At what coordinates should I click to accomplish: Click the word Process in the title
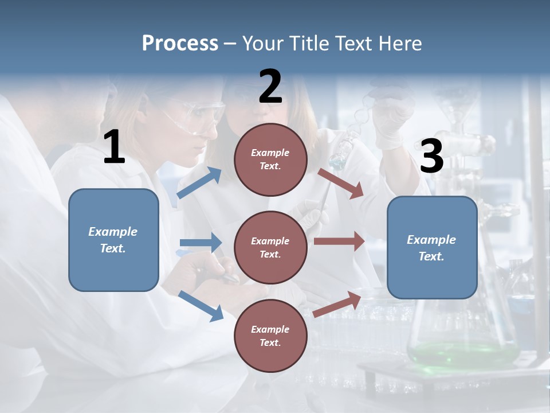(180, 44)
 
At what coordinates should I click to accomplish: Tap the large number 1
(113, 148)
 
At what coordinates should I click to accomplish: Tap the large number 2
(270, 87)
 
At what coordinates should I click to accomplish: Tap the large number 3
(431, 157)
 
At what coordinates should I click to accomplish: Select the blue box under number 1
(113, 240)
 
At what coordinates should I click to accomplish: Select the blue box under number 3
(432, 248)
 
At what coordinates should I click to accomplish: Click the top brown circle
(270, 159)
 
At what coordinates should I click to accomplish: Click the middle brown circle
(270, 247)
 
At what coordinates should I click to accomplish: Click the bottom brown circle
(270, 336)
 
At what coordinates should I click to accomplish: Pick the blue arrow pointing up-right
(199, 182)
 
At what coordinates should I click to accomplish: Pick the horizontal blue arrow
(201, 243)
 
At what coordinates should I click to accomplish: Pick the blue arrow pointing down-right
(201, 306)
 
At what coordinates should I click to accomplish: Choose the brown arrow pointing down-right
(341, 184)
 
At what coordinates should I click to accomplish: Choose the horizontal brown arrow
(339, 241)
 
